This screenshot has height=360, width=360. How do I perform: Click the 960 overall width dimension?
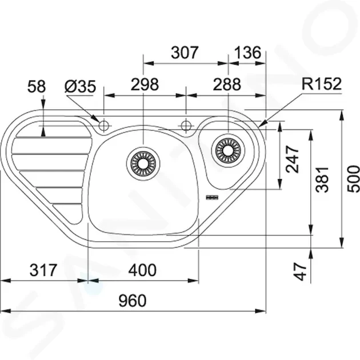coord(133,301)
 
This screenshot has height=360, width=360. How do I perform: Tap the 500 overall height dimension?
coord(354,179)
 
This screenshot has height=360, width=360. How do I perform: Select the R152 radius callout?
coord(321,84)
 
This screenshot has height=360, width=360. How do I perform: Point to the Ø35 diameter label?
coord(80,86)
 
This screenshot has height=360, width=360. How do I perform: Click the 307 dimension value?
coord(185,53)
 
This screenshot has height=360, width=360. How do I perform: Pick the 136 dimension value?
coord(247,53)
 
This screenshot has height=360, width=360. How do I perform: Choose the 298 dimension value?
coord(145,84)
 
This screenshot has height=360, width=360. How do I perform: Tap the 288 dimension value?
coord(227,84)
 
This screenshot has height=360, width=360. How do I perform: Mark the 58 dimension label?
coord(37,86)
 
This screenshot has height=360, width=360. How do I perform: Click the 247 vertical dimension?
coord(292,159)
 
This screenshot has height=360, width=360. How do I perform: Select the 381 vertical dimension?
coord(322,180)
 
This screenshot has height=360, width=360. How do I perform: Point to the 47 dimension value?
coord(301,272)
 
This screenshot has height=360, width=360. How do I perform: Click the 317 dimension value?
coord(43,270)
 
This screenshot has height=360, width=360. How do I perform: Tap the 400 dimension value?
coord(142,270)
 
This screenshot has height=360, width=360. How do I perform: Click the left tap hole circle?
coord(103,126)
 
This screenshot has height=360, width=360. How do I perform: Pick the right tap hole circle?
coord(186,126)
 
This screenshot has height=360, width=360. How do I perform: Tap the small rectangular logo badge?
coord(213,197)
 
